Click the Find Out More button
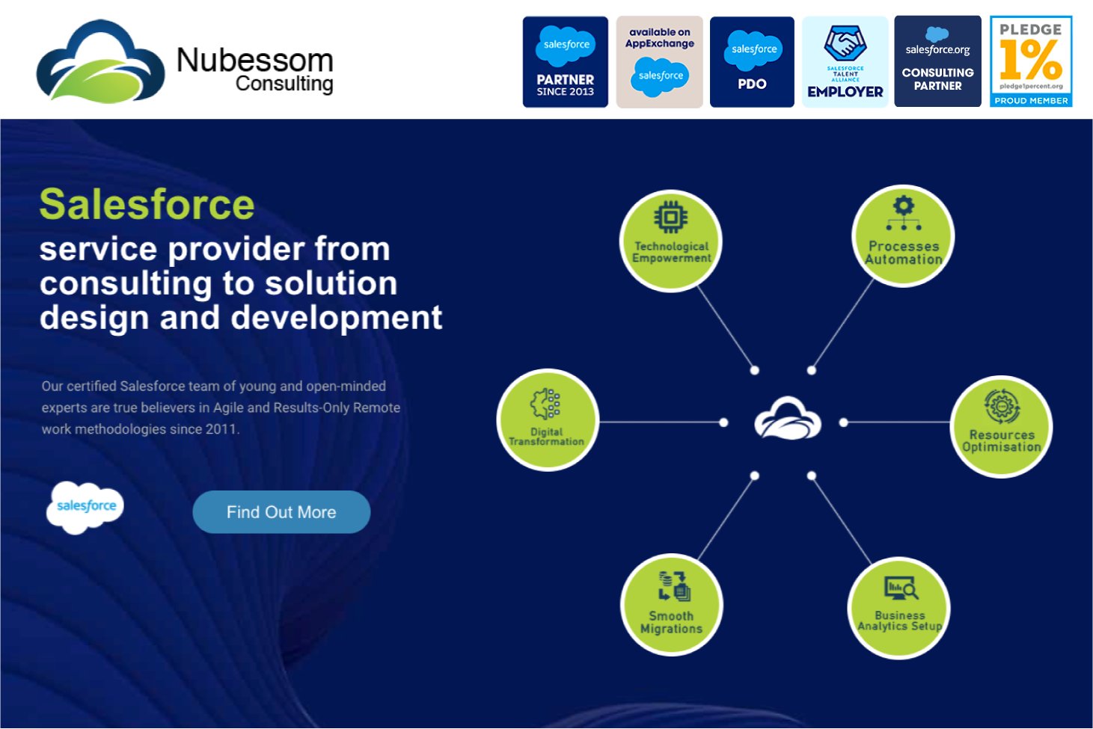click(x=281, y=512)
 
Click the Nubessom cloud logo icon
click(x=100, y=63)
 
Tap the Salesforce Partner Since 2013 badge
click(x=565, y=62)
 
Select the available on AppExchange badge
click(x=659, y=62)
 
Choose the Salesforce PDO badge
click(x=752, y=62)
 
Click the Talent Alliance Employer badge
click(x=845, y=62)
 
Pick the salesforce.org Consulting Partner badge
click(x=937, y=62)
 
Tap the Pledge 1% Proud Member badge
click(x=1031, y=62)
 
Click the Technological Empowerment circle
click(x=671, y=240)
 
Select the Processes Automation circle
click(x=903, y=236)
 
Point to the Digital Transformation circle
click(x=547, y=419)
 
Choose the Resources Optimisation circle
click(x=1001, y=426)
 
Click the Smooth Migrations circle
click(x=671, y=604)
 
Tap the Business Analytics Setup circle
click(x=898, y=607)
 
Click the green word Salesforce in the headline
click(x=147, y=205)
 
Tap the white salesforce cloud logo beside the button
click(x=85, y=507)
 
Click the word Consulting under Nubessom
click(x=284, y=84)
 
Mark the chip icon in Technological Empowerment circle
click(x=670, y=217)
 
